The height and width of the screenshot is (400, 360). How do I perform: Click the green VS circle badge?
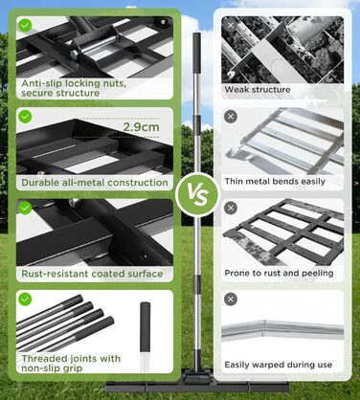(x=198, y=194)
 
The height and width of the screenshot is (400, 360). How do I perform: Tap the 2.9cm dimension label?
(x=142, y=127)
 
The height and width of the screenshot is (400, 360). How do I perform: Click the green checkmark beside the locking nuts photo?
(x=25, y=25)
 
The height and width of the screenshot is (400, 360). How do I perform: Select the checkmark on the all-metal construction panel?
(x=25, y=117)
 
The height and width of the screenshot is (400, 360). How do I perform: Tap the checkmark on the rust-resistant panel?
(x=25, y=208)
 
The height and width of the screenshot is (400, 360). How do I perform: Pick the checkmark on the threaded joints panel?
(x=25, y=300)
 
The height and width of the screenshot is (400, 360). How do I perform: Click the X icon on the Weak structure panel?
(x=231, y=25)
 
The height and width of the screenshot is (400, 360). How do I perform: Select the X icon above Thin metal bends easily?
(x=231, y=117)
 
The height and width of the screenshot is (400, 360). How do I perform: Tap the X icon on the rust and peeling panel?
(x=231, y=208)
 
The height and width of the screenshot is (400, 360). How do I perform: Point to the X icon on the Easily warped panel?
(x=231, y=300)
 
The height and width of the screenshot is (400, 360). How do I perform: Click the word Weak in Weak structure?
(x=236, y=89)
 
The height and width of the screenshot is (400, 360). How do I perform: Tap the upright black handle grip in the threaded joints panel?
(x=145, y=326)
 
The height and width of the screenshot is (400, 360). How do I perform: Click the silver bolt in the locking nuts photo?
(x=96, y=45)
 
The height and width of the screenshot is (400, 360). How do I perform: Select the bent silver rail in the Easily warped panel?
(x=282, y=329)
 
